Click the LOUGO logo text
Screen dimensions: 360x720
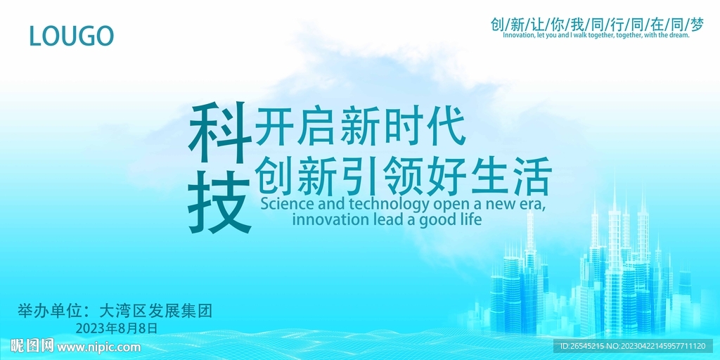pos(71,35)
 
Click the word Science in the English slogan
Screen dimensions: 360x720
pos(288,204)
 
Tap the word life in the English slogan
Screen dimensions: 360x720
pos(469,219)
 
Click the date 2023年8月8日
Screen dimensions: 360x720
pos(117,328)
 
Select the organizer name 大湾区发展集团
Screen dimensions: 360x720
pos(155,310)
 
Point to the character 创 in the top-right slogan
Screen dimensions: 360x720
pos(498,25)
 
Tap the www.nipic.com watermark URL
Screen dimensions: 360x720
pos(98,347)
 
